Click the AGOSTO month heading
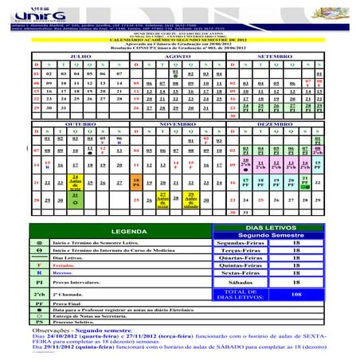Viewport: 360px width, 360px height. [178, 57]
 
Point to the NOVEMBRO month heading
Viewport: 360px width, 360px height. [178, 125]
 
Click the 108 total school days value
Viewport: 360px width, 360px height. [296, 294]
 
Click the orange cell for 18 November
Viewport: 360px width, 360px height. [138, 182]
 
